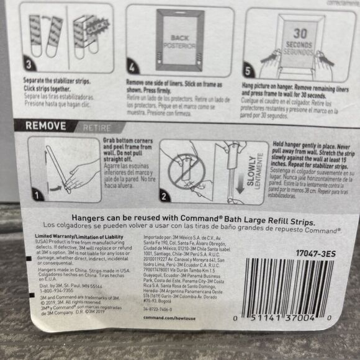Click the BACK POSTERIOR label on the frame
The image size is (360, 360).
(x=181, y=40)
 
